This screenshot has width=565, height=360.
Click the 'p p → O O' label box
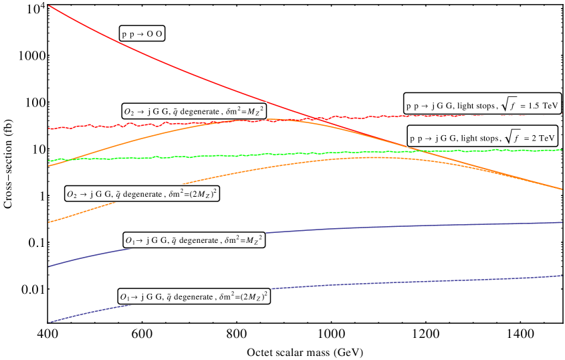coord(142,33)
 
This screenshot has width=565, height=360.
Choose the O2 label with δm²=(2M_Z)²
coord(142,194)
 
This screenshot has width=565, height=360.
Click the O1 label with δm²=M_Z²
coord(194,240)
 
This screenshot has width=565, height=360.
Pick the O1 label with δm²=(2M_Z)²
coord(194,296)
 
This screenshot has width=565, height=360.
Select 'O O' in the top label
coord(154,34)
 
